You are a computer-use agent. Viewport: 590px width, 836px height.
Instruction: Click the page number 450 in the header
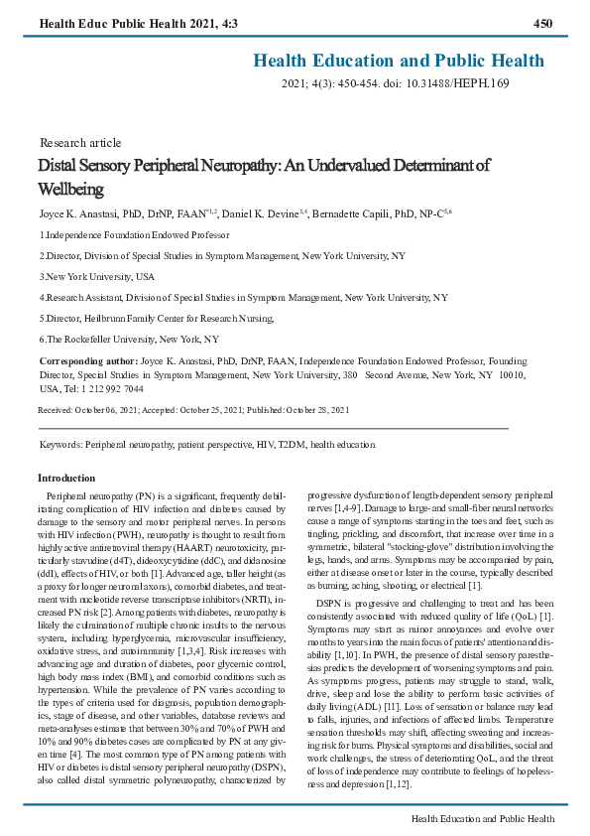(542, 23)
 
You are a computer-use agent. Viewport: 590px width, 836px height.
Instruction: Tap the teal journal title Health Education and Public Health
(399, 61)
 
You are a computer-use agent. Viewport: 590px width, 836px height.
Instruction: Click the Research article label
(80, 143)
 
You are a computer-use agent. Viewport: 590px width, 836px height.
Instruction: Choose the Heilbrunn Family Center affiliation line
(156, 318)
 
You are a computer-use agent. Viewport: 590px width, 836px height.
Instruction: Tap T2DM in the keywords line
(289, 445)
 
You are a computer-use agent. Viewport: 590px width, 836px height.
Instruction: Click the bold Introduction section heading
(65, 479)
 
